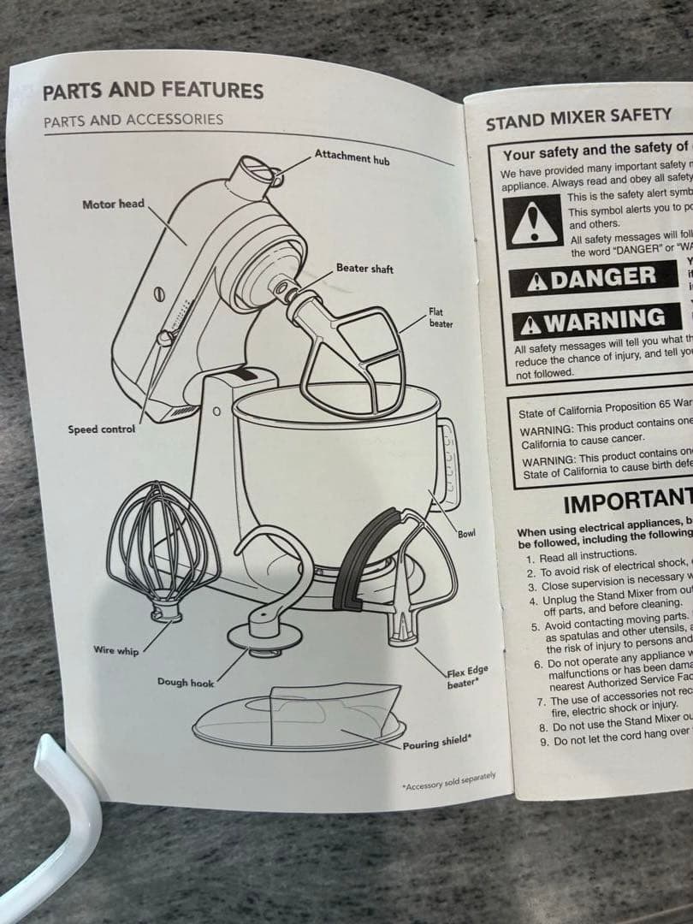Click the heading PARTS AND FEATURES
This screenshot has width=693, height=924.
(x=153, y=91)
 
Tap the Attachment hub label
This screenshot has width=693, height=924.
(x=352, y=157)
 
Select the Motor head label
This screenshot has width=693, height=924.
(x=113, y=204)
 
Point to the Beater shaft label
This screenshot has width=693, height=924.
(x=364, y=269)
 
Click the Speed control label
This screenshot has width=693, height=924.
(x=101, y=429)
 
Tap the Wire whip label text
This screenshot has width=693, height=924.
(x=115, y=651)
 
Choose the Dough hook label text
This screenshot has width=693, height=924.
(x=185, y=683)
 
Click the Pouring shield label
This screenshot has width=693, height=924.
(x=436, y=742)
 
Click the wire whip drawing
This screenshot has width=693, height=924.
(x=157, y=539)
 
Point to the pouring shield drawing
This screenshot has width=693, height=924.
(x=299, y=717)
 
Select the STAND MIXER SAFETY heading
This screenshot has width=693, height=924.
(x=579, y=118)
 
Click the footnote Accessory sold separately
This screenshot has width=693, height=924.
(x=448, y=780)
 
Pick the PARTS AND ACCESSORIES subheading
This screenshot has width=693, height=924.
(x=133, y=120)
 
